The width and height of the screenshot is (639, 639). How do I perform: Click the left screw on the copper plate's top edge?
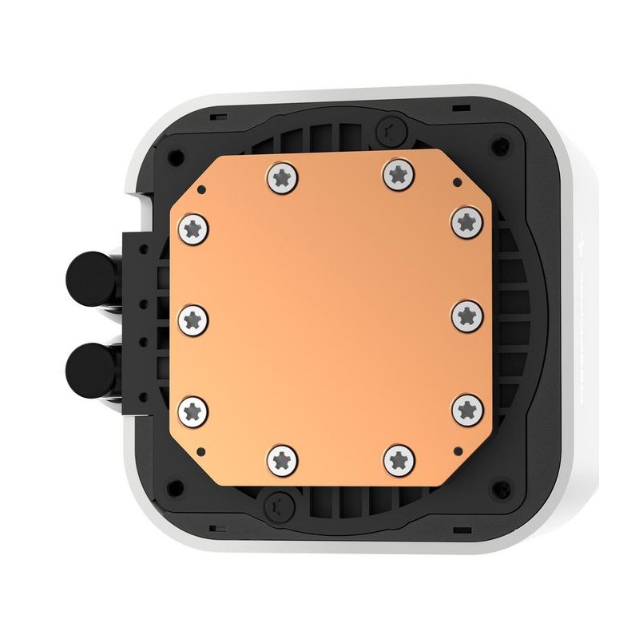click(x=281, y=175)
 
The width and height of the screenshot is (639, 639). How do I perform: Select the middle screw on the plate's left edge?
click(x=192, y=319)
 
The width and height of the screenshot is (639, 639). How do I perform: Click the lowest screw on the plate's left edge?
click(x=192, y=410)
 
